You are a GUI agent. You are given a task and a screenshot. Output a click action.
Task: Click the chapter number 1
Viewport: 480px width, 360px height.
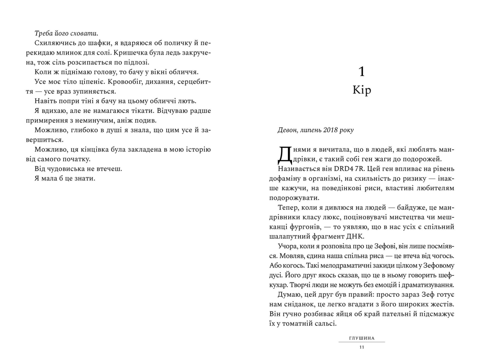362,72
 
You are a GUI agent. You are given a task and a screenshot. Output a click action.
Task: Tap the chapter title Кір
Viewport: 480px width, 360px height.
362,90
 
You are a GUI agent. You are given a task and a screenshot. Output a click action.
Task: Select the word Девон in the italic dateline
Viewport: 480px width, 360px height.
288,130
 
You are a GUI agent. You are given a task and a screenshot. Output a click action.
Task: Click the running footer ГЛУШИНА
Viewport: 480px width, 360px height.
362,338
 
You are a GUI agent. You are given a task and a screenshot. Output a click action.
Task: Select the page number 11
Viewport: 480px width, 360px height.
361,347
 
